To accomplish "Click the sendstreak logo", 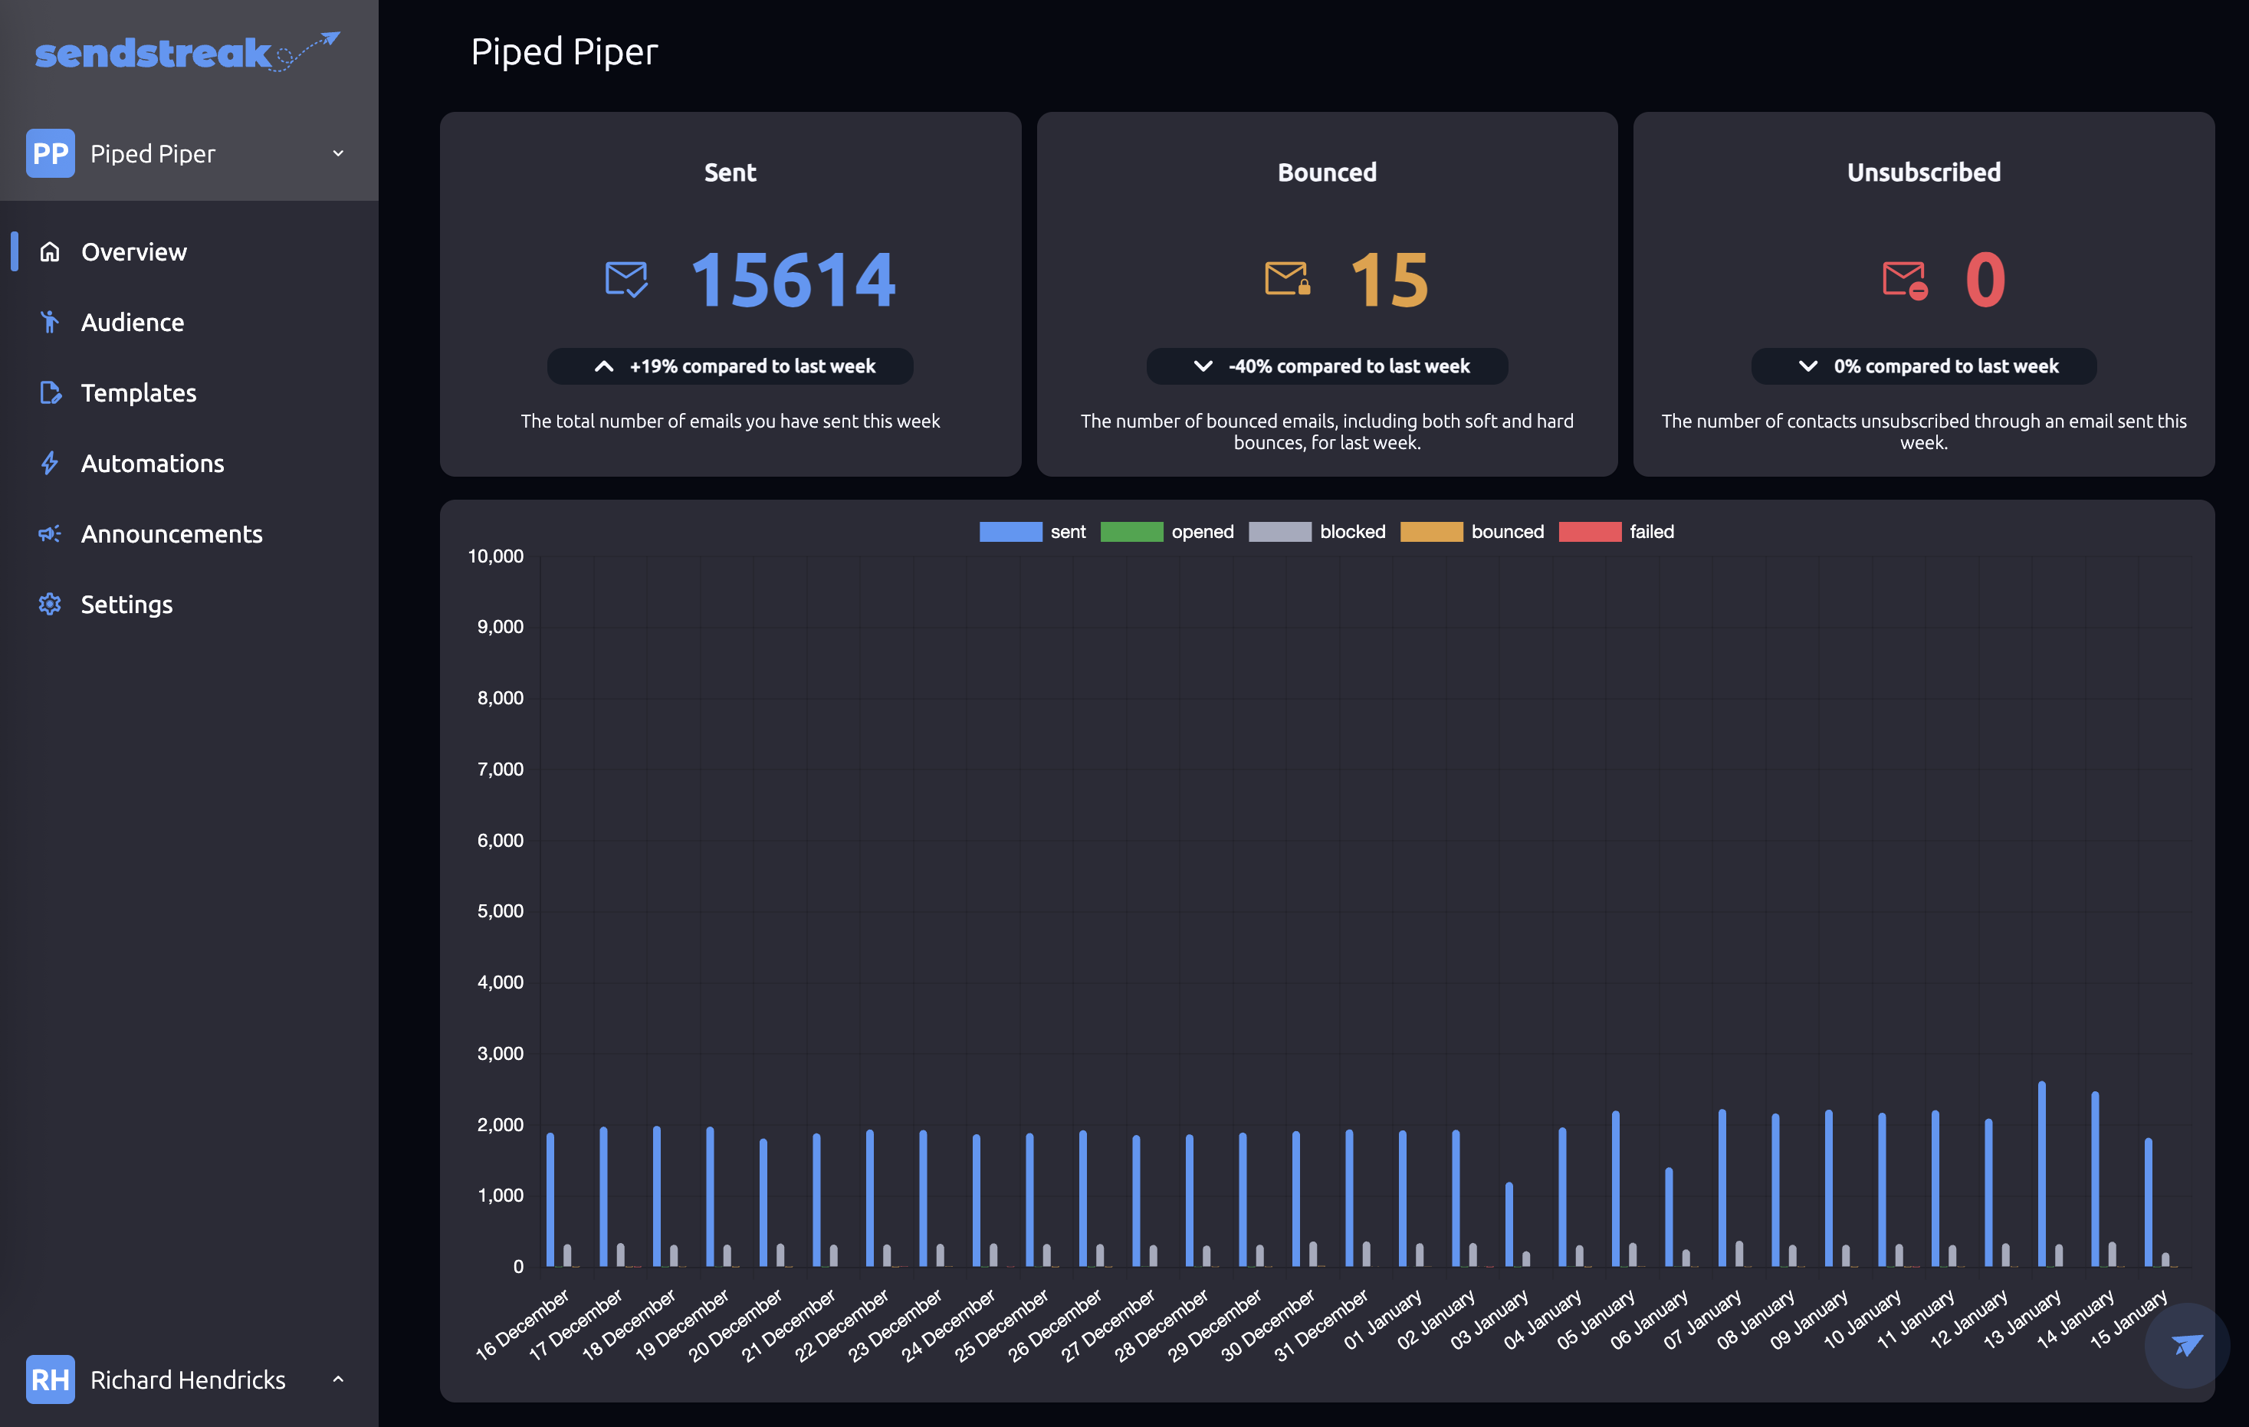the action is (x=187, y=52).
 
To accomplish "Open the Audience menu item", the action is (x=132, y=322).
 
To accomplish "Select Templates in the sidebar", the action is (x=138, y=392).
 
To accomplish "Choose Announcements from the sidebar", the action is (x=172, y=533).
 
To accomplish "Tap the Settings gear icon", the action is (x=50, y=604).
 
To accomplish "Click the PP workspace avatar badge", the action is (x=51, y=153).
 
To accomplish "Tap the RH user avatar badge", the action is (x=51, y=1379).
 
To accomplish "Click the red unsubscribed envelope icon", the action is (x=1904, y=279).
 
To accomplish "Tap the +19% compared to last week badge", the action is (x=731, y=366).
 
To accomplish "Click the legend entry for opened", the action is (x=1167, y=531).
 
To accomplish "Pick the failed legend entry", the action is (x=1617, y=531).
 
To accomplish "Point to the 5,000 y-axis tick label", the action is (x=501, y=910).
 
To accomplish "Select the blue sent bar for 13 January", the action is (x=2043, y=1174).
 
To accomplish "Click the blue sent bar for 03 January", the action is (x=1509, y=1225).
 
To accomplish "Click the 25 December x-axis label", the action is (x=1002, y=1325).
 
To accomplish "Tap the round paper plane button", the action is (x=2186, y=1345).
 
